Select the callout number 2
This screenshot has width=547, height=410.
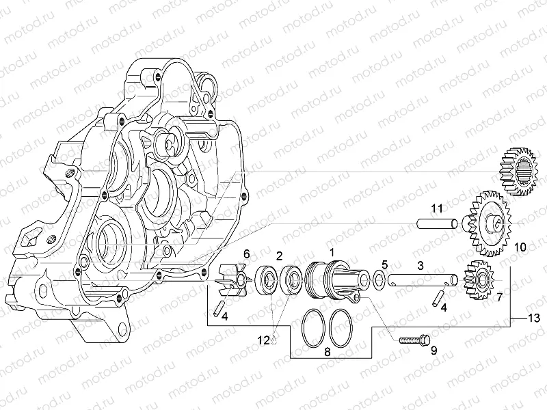pos(279,256)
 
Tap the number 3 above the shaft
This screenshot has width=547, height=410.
pos(421,264)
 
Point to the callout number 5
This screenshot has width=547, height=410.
pos(384,264)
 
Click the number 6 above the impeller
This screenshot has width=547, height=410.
pos(246,254)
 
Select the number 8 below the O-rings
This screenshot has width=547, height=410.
pos(327,353)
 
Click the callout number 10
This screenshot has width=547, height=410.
pos(520,246)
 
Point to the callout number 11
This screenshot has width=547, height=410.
pos(437,208)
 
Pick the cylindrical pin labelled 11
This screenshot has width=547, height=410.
pos(438,223)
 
